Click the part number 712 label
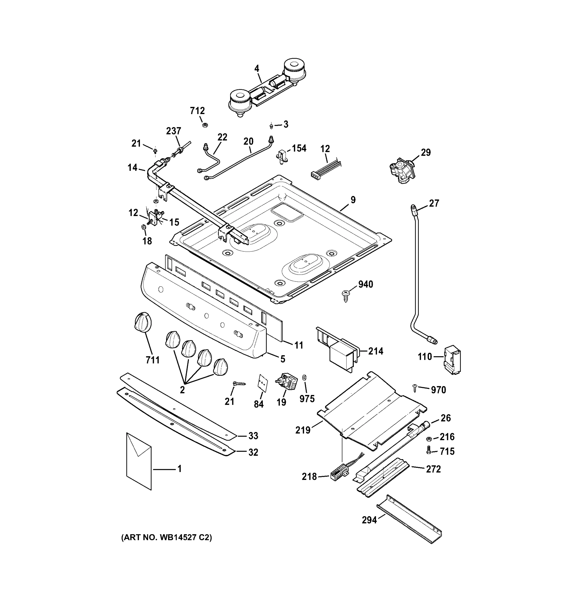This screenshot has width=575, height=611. click(197, 111)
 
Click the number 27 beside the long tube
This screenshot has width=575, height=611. click(434, 203)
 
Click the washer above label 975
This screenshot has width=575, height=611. click(305, 377)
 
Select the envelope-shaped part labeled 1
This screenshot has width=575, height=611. click(139, 461)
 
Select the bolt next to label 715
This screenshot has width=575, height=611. click(428, 451)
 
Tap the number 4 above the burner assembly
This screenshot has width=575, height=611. click(257, 68)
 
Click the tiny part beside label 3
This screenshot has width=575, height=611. click(271, 126)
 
